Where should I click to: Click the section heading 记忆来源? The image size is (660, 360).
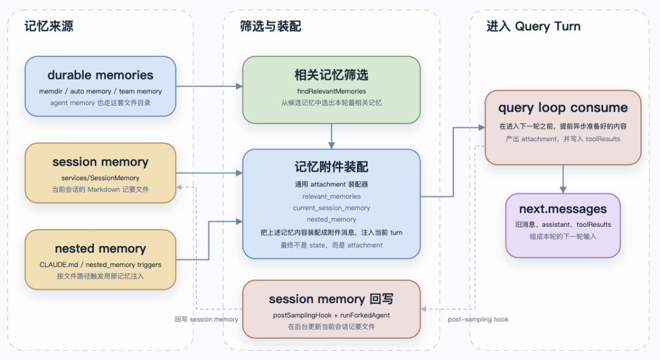click(49, 26)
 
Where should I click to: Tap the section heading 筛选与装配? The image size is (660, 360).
click(270, 26)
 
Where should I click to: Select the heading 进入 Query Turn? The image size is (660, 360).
click(533, 26)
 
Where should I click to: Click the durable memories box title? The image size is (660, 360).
click(100, 75)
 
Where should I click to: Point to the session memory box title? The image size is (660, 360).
click(100, 162)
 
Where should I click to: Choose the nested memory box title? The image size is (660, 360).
click(100, 249)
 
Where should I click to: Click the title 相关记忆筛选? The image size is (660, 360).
click(331, 75)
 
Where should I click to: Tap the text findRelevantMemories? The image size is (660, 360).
click(331, 91)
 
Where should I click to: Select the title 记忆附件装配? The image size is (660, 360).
click(331, 167)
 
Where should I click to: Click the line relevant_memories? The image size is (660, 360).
click(331, 196)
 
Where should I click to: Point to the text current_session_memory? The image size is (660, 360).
click(331, 208)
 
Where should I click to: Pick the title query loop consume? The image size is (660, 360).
click(563, 108)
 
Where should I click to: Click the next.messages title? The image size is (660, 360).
click(563, 210)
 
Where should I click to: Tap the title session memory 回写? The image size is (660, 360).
click(331, 299)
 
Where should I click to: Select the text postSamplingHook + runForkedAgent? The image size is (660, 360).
click(331, 315)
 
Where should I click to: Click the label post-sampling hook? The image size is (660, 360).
click(478, 319)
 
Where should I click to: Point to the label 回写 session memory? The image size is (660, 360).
click(206, 319)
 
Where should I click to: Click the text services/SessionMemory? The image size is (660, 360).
click(100, 177)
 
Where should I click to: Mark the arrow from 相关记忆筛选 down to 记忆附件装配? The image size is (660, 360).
click(331, 136)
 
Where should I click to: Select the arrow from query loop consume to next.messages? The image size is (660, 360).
click(563, 178)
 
